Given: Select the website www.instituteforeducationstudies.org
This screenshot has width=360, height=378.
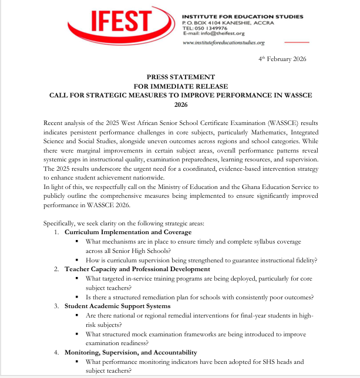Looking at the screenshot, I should click(224, 43).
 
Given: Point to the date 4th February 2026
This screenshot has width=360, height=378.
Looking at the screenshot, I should click(282, 60).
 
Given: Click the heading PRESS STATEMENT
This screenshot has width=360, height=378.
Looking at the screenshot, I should click(180, 76).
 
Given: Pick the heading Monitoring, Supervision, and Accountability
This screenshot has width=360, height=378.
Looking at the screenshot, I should click(131, 352).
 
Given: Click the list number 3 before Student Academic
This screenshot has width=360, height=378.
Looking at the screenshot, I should click(56, 306).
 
